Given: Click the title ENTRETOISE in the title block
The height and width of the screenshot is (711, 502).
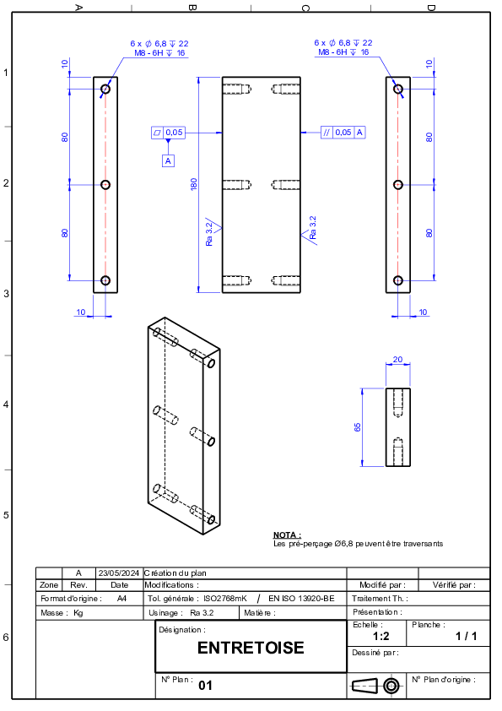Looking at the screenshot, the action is pyautogui.click(x=251, y=648).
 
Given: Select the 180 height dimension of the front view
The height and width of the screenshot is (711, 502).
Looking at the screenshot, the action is pyautogui.click(x=194, y=183).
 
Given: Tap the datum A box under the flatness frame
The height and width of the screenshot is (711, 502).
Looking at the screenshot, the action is pyautogui.click(x=168, y=161).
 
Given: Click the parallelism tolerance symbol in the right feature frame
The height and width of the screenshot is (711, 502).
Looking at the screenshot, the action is pyautogui.click(x=327, y=133).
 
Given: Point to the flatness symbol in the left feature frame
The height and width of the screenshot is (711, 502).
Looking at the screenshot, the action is pyautogui.click(x=157, y=133).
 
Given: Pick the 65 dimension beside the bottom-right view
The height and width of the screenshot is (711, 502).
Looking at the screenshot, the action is pyautogui.click(x=358, y=427).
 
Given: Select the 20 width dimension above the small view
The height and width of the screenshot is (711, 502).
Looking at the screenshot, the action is pyautogui.click(x=397, y=360).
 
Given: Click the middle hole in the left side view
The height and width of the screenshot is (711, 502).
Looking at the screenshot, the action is pyautogui.click(x=105, y=185).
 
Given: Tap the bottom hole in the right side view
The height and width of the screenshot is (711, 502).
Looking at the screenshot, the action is pyautogui.click(x=398, y=280).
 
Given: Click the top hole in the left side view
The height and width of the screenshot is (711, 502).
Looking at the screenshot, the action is pyautogui.click(x=105, y=89).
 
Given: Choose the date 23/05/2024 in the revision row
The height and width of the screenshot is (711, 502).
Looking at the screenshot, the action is pyautogui.click(x=119, y=573).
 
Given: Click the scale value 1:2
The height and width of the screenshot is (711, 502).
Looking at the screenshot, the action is pyautogui.click(x=381, y=636).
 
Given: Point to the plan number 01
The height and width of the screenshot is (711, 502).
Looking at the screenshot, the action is pyautogui.click(x=205, y=685).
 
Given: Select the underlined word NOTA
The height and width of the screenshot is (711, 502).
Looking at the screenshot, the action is pyautogui.click(x=287, y=535).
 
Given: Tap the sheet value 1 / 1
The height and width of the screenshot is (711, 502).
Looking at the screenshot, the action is pyautogui.click(x=467, y=636).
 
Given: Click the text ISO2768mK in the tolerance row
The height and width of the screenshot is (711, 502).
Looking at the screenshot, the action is pyautogui.click(x=225, y=599).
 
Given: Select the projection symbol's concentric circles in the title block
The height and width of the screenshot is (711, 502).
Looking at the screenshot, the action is pyautogui.click(x=391, y=686).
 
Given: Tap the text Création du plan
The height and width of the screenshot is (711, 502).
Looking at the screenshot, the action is pyautogui.click(x=175, y=573).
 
